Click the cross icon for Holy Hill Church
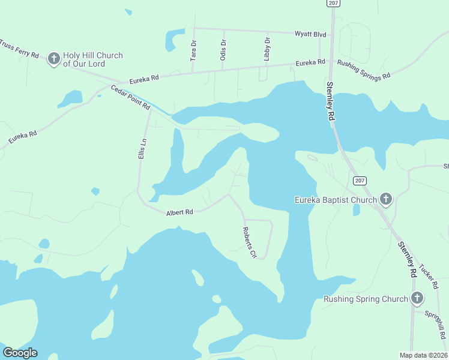click(54, 59)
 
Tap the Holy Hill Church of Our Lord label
click(93, 59)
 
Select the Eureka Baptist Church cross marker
click(386, 199)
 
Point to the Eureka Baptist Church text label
click(336, 200)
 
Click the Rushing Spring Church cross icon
click(417, 298)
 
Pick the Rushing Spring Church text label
click(366, 299)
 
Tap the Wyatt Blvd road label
click(310, 35)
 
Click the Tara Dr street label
click(193, 50)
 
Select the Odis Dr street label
click(223, 50)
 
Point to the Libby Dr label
click(267, 49)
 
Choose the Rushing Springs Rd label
click(364, 70)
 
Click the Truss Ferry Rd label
click(19, 49)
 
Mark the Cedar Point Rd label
click(130, 97)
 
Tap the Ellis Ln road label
click(142, 149)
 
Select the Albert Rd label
click(179, 212)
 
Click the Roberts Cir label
click(249, 242)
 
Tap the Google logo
click(20, 353)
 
